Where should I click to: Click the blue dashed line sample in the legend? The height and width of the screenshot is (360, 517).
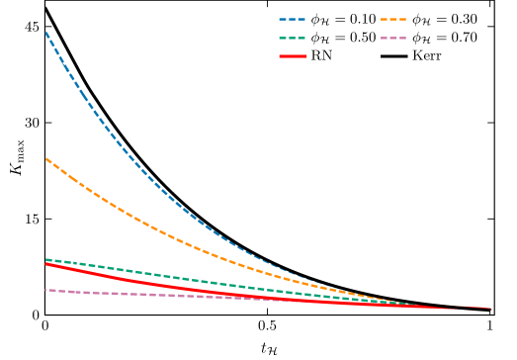point(293,19)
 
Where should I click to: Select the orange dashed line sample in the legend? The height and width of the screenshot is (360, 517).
point(393,19)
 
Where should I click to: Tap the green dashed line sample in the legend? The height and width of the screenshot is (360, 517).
point(293,38)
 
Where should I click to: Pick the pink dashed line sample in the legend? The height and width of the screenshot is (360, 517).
point(393,38)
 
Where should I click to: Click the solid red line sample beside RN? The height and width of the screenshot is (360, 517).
point(293,56)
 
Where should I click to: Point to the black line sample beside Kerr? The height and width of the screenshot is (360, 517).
point(393,56)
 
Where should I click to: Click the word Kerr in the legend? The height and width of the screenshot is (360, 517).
point(427,56)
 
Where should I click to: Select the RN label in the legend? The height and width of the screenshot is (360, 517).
point(321,56)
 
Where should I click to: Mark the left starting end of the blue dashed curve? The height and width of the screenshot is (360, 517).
point(45,33)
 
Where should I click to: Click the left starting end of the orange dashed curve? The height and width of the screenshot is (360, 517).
point(45,158)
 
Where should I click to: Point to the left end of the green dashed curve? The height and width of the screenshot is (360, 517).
point(45,259)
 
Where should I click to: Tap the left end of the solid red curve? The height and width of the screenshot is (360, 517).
point(45,264)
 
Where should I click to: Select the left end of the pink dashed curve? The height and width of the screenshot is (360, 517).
point(45,290)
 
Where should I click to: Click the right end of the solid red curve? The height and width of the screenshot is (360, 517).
point(490,310)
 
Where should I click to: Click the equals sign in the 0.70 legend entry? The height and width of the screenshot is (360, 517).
point(439,38)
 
